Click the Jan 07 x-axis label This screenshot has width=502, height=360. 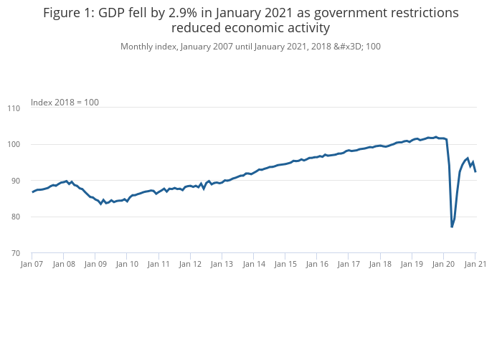[x=32, y=264]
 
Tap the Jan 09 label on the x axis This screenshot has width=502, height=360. [x=95, y=264]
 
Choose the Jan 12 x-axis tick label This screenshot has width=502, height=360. [x=190, y=264]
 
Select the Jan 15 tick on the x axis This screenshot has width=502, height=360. [x=285, y=264]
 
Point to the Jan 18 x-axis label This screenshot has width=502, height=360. [x=380, y=264]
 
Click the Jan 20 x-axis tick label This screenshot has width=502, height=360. [x=443, y=264]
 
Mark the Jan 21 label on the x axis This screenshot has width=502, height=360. [x=475, y=264]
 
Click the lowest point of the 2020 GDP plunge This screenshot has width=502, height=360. [x=452, y=227]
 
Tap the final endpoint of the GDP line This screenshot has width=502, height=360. [x=475, y=171]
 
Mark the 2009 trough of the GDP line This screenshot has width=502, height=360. [x=101, y=204]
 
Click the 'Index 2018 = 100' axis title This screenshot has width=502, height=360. [x=65, y=103]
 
